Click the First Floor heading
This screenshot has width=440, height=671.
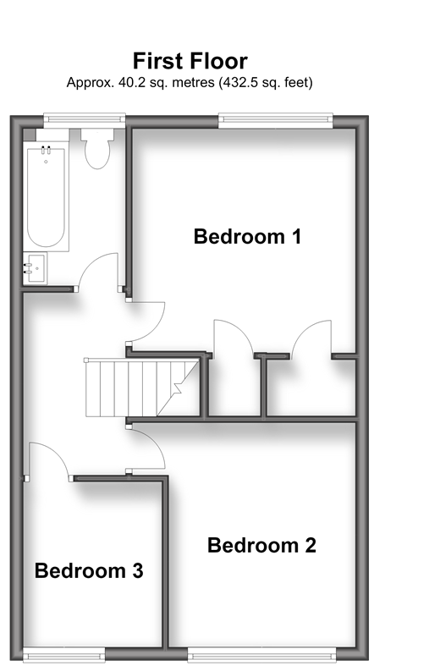[190, 61]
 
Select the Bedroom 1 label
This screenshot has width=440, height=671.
[247, 237]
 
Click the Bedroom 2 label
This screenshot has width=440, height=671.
[261, 545]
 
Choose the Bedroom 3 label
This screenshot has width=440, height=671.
[89, 571]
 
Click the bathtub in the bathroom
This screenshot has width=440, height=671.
[47, 197]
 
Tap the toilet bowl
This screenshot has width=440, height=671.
[97, 154]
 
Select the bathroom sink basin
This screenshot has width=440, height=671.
[36, 268]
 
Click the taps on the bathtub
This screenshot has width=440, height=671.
[46, 151]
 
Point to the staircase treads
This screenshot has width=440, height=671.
[141, 388]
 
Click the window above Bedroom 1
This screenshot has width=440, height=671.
[276, 121]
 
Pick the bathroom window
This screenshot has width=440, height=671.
[85, 120]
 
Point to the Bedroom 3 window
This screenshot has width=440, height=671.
[63, 655]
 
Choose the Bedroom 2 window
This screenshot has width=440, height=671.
[262, 655]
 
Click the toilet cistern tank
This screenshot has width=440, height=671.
[97, 135]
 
